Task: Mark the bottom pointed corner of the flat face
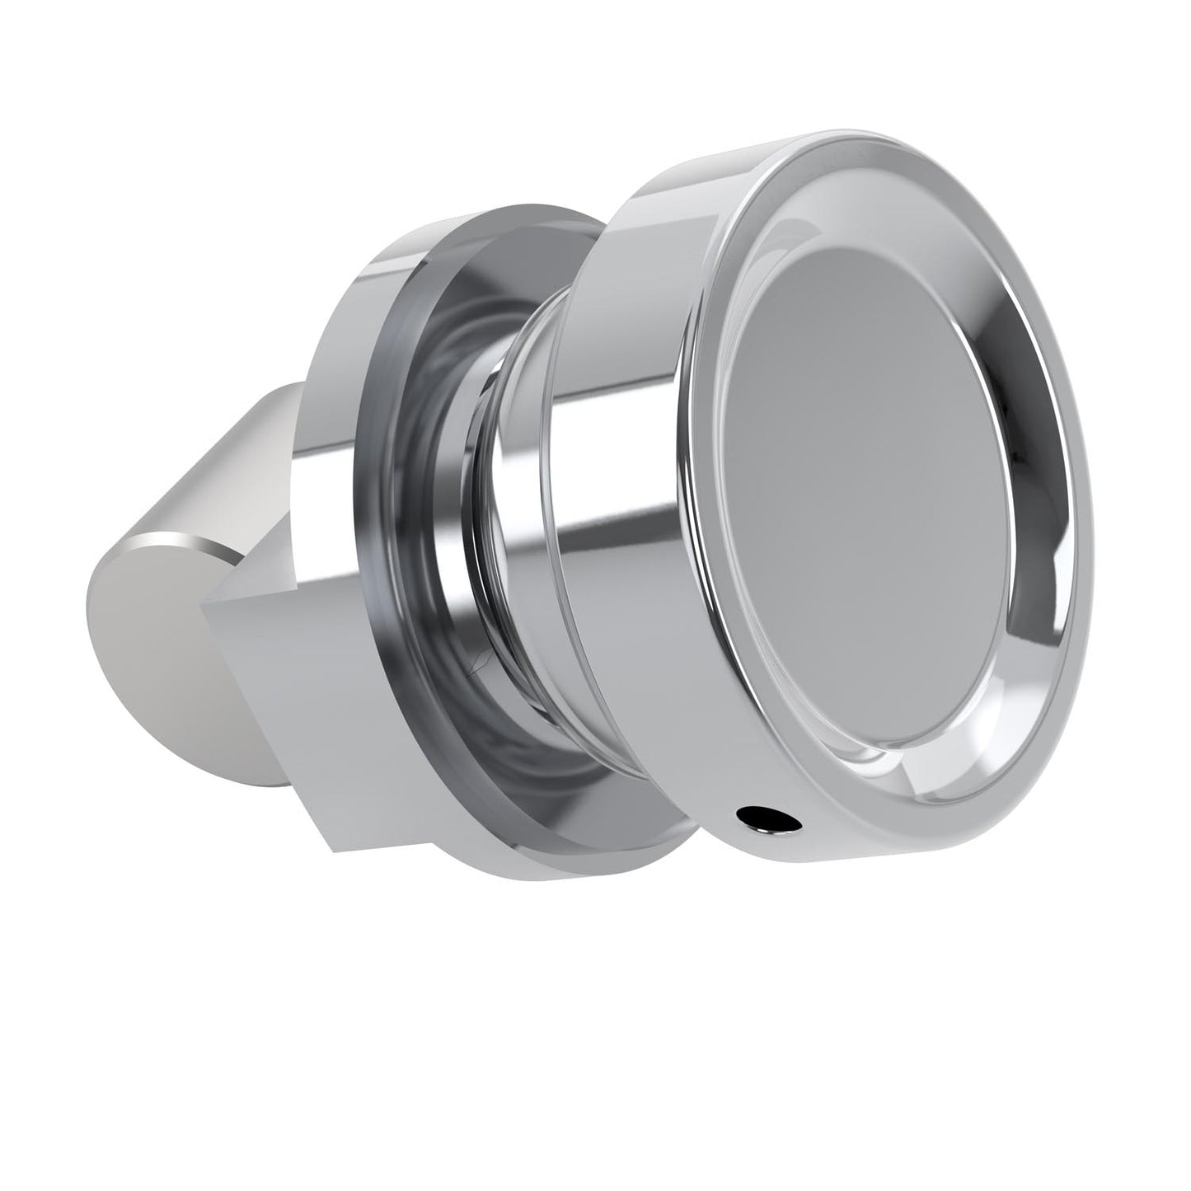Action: [x=334, y=849]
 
